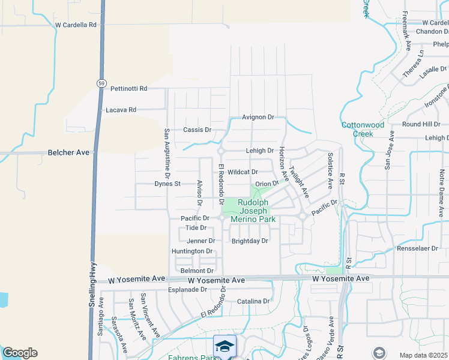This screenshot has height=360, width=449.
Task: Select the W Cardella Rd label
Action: tap(75, 25)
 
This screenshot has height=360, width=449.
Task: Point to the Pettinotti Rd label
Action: tap(129, 89)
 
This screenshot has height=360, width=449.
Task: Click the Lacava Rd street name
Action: tap(121, 110)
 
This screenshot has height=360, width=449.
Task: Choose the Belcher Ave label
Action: tap(68, 153)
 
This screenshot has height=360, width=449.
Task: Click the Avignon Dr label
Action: tap(258, 117)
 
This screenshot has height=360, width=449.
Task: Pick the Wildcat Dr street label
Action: tap(243, 172)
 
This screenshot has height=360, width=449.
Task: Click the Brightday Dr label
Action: tap(250, 241)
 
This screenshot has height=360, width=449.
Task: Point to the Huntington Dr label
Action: tap(192, 251)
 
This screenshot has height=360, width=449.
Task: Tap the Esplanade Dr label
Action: tap(187, 289)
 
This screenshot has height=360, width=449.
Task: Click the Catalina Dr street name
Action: tap(253, 301)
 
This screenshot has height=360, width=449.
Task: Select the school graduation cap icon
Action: tap(224, 346)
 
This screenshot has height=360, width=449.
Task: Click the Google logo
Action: tap(20, 353)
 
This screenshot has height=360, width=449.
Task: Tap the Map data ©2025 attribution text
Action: tap(424, 355)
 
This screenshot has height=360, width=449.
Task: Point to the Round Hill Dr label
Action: tap(421, 124)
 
